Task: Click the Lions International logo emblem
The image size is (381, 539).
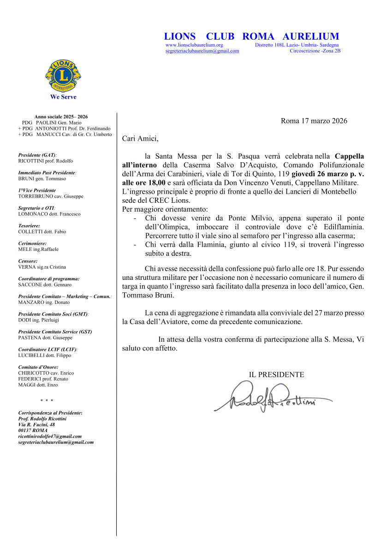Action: pos(63,75)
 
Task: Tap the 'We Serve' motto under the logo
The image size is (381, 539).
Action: pos(63,97)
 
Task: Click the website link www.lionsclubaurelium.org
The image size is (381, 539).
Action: pos(194,45)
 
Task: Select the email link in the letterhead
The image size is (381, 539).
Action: pos(202,51)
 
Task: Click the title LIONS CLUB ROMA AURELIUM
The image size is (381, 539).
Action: pos(251,36)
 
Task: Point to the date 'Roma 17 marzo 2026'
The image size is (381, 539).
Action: pos(314,121)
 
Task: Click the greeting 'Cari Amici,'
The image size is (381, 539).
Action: pos(140,138)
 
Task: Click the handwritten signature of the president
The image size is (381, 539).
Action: pos(272,397)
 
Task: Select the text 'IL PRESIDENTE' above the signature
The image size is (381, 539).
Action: pos(276,375)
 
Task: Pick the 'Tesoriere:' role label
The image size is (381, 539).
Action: pos(29,226)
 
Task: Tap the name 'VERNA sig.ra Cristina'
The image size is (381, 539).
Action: pos(42,267)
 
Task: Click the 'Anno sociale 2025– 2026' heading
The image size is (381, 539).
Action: pos(61,117)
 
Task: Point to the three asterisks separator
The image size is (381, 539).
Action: pos(47,401)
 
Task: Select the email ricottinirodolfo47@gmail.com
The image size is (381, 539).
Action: pos(50,436)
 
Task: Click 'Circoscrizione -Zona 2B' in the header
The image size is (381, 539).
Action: pos(315,51)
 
